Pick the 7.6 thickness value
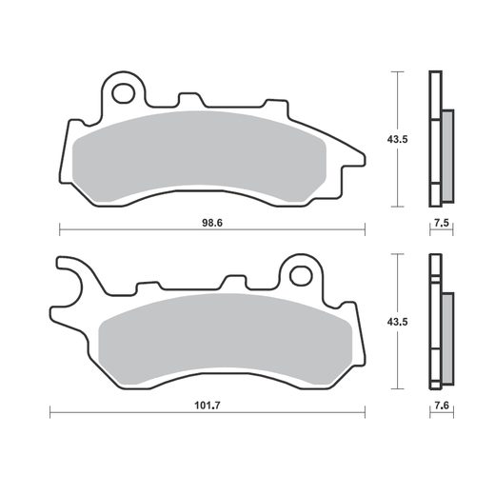pos(440,405)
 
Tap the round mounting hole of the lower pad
pos(300,276)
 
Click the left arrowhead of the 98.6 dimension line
pos(62,229)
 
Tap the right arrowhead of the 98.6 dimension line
pos(363,229)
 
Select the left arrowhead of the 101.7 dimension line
pos(51,412)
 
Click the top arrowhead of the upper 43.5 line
pos(396,75)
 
